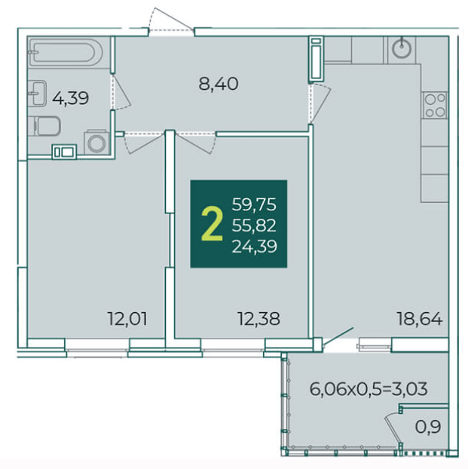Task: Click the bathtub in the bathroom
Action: [66, 52]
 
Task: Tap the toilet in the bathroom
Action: [44, 126]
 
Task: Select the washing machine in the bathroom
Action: [96, 142]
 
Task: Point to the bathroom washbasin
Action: [37, 93]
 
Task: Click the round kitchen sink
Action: [402, 49]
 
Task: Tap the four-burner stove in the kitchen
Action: [435, 105]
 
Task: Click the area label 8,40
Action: [219, 84]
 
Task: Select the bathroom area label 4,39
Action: [70, 98]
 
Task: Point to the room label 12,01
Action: [127, 319]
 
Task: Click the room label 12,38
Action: [259, 319]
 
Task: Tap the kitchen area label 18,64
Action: [419, 319]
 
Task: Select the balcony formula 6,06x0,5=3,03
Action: [369, 389]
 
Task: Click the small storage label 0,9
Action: [428, 427]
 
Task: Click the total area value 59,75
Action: [254, 205]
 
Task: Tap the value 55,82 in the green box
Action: [254, 225]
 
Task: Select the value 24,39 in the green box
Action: [254, 247]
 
